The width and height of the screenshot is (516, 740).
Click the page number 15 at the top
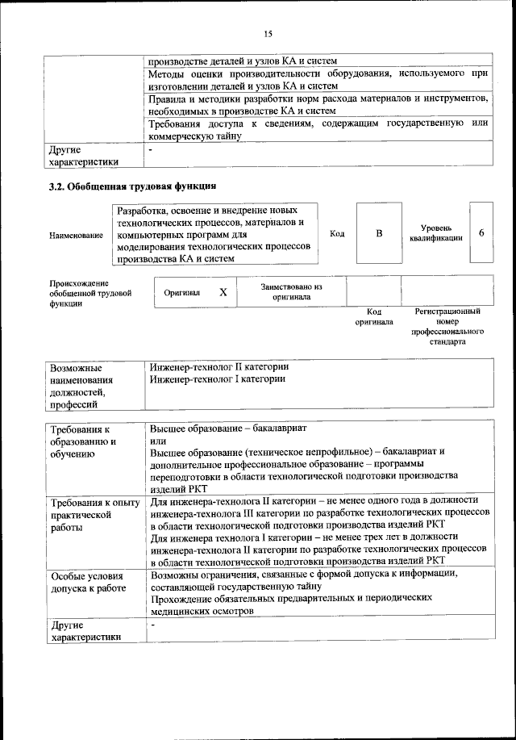[x=268, y=33]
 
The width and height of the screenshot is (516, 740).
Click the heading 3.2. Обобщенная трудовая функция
[x=133, y=188]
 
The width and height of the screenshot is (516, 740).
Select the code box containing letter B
[x=379, y=233]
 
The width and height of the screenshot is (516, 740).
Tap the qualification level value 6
[x=481, y=233]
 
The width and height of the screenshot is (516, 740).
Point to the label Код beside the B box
[x=338, y=233]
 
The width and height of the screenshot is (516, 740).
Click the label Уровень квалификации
[x=435, y=233]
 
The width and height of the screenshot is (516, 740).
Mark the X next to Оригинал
[x=223, y=293]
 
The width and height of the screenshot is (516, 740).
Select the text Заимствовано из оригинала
[x=291, y=291]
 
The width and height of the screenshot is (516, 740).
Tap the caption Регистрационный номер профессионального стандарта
[x=447, y=326]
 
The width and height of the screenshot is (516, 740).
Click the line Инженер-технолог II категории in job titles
[x=219, y=367]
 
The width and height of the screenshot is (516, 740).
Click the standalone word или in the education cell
[x=157, y=441]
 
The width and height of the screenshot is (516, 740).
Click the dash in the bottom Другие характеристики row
[x=152, y=625]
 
